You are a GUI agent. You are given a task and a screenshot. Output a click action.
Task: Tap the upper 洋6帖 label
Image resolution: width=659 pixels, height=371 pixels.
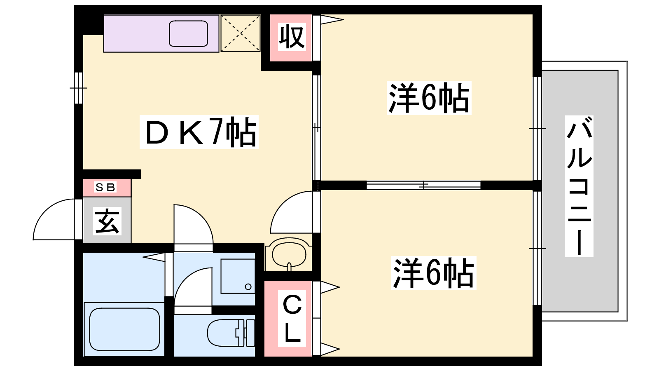point(429,98)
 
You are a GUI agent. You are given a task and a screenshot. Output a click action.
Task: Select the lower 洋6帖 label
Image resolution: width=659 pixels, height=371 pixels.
point(433,272)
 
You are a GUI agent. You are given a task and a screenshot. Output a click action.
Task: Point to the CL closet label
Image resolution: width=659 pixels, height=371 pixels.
point(292,319)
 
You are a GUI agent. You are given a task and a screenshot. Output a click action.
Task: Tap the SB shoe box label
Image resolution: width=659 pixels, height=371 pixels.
point(105,187)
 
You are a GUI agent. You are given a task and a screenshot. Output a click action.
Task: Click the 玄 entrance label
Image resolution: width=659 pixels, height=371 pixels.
point(107,221)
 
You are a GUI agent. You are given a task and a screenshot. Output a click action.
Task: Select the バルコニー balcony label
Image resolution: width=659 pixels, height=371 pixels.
point(579,186)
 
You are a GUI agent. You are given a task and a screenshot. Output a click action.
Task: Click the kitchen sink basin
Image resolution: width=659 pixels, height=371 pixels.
point(189,33)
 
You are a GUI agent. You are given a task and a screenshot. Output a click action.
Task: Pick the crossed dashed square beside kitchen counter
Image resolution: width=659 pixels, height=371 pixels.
point(241,33)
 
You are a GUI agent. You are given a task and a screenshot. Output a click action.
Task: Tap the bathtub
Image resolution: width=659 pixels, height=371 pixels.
point(124,329)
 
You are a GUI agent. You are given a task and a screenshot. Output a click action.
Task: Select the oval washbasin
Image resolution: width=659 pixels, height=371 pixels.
point(289,254)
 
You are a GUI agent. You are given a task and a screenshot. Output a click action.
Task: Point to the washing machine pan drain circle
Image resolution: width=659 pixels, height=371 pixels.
point(248,286)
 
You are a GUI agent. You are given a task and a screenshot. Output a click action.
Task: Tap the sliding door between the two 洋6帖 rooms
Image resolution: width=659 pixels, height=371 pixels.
point(423,185)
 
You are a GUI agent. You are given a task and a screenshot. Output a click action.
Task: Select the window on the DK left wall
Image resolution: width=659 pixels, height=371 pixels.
point(78,88)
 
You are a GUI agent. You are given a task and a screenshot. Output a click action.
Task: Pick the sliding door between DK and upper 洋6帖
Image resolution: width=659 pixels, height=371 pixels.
point(316,127)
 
